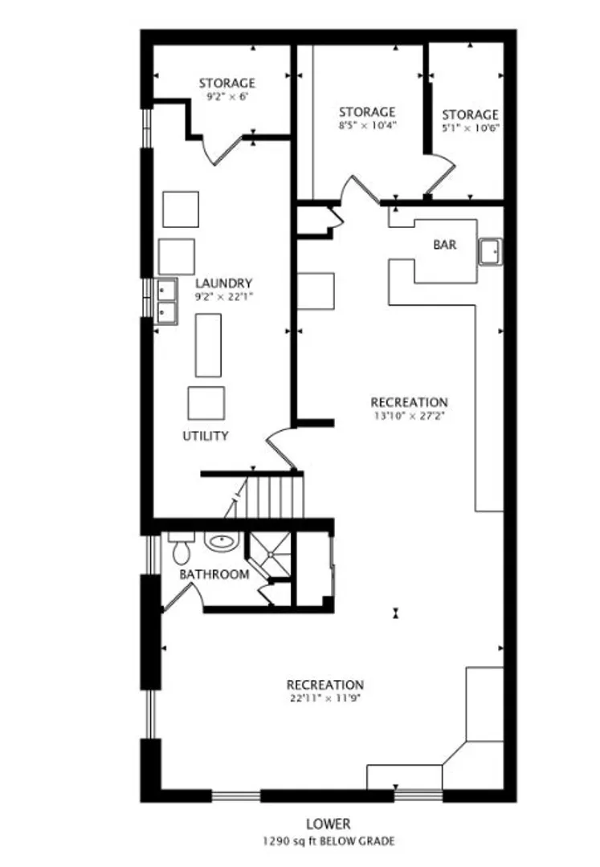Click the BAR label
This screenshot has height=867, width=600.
445,244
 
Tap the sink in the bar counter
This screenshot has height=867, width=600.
490,252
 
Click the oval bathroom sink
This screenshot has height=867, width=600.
222,541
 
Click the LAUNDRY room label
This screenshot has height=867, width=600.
223,283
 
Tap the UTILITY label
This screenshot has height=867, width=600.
206,436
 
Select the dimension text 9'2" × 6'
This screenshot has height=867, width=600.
227,96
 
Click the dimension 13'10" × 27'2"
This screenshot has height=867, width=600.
409,415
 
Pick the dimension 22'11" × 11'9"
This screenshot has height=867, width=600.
325,698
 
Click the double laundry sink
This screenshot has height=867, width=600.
166,301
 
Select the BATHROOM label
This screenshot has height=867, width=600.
214,575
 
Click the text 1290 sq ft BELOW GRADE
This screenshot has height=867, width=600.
329,841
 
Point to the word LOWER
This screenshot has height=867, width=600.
329,824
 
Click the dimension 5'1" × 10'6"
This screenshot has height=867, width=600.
471,128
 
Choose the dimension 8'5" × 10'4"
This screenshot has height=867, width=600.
368,125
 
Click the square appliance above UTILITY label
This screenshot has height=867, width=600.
206,403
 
